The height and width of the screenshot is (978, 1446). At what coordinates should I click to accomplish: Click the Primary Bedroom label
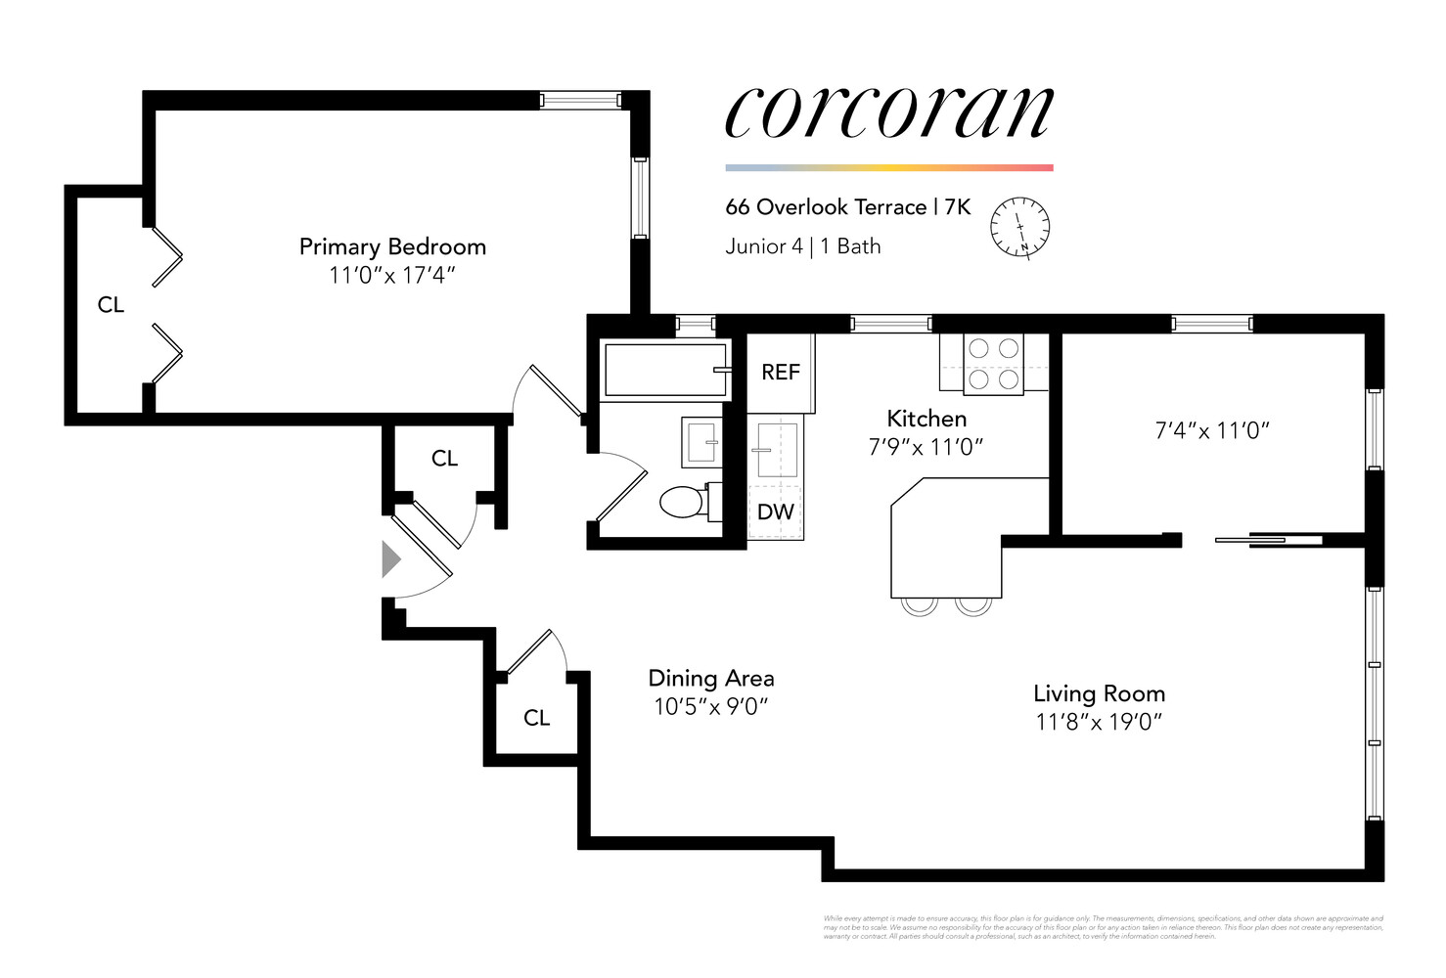[392, 246]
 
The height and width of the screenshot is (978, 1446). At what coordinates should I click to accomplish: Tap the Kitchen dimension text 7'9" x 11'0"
[926, 447]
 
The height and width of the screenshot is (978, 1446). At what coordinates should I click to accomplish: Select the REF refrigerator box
[781, 372]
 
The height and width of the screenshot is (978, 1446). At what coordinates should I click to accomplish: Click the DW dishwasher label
[776, 511]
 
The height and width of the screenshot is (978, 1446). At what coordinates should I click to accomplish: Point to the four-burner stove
[993, 364]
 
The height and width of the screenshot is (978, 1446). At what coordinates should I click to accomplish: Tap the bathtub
[664, 370]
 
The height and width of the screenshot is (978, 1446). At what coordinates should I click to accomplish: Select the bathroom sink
[701, 442]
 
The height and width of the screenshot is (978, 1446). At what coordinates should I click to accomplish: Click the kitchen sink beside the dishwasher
[777, 450]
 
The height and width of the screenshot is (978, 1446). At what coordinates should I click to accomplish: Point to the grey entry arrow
[390, 559]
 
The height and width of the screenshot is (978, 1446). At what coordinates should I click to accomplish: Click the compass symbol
[1019, 227]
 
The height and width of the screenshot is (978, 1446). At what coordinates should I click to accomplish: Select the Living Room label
[1099, 693]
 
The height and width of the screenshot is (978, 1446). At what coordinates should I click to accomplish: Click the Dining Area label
[711, 678]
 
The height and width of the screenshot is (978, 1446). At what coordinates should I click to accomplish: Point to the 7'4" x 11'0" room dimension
[1212, 430]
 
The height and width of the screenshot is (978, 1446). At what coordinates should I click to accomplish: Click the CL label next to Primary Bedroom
[111, 305]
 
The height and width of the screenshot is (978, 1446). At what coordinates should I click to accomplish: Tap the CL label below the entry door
[536, 718]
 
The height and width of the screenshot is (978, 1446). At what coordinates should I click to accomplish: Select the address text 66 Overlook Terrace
[826, 207]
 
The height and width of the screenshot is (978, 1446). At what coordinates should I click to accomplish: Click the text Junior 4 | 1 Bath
[802, 246]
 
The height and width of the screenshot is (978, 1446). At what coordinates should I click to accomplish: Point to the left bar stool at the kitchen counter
[920, 606]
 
